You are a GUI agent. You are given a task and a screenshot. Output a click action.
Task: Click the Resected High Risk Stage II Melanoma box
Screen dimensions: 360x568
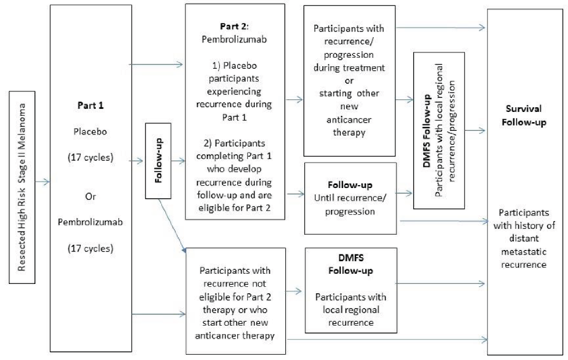22,187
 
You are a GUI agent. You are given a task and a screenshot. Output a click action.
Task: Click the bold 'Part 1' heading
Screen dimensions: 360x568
91,105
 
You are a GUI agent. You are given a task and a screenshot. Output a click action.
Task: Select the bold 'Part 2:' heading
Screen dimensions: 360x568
234,26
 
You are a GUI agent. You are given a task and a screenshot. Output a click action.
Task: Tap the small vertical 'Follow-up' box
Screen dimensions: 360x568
158,161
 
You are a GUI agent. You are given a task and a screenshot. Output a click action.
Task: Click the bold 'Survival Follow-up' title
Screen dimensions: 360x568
524,115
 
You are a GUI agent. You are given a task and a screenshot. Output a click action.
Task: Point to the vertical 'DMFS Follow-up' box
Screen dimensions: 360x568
439,130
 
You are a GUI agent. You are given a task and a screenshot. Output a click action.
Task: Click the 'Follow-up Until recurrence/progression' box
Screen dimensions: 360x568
350,199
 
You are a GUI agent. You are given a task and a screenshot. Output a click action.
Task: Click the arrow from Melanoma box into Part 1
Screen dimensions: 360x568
42,182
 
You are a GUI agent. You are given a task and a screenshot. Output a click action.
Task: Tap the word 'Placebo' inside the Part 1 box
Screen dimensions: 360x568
90,132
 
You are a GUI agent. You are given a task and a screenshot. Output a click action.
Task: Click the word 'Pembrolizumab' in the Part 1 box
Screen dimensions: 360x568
90,222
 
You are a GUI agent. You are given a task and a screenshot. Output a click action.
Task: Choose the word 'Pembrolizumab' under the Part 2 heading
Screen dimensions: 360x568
234,39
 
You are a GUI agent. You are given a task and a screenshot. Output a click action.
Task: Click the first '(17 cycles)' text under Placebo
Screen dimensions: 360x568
90,157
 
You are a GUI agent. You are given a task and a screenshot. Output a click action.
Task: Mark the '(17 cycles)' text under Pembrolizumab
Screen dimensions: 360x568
90,248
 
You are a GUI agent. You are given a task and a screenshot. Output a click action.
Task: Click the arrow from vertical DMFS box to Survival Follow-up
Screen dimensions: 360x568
475,130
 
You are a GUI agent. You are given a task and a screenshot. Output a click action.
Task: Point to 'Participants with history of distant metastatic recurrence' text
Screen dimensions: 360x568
524,239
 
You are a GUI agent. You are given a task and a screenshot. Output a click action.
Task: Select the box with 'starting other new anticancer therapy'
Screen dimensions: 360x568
349,81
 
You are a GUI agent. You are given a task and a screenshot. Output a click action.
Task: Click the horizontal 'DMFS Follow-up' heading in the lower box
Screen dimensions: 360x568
351,264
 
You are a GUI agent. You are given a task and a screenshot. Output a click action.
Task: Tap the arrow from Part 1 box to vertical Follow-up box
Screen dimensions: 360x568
137,161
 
